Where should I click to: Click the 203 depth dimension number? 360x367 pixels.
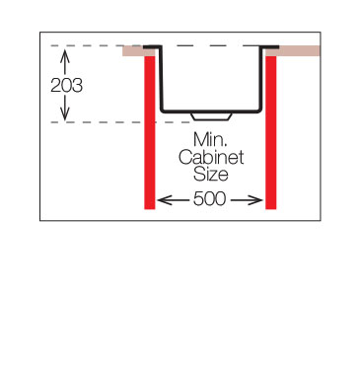(66, 86)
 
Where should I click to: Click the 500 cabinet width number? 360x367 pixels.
(210, 199)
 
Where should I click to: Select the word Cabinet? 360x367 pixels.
(211, 157)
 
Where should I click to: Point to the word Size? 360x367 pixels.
(211, 175)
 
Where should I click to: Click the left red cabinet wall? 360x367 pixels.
(150, 132)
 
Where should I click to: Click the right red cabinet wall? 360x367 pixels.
(271, 132)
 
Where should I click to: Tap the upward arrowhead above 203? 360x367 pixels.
(64, 53)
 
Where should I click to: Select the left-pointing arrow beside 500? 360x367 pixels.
(173, 199)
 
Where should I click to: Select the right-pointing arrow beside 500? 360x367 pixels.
(247, 199)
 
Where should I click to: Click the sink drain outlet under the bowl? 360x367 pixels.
(211, 117)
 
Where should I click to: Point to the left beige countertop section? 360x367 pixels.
(134, 51)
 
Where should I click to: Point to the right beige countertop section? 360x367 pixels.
(292, 51)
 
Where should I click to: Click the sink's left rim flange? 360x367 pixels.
(152, 47)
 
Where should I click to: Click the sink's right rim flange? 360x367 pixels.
(270, 47)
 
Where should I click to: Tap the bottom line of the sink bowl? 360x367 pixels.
(211, 111)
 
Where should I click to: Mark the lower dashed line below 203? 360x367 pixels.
(120, 122)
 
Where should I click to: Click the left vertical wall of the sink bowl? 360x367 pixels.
(161, 79)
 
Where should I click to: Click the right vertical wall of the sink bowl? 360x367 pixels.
(261, 79)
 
